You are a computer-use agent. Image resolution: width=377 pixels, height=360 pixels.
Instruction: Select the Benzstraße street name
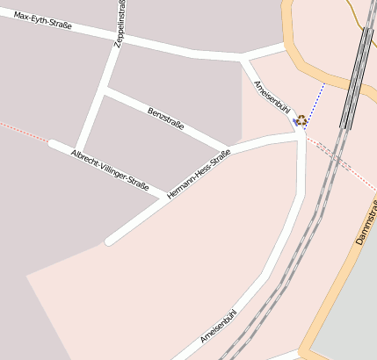(x=166, y=119)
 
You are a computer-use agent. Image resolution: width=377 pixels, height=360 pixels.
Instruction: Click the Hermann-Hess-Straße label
(x=198, y=172)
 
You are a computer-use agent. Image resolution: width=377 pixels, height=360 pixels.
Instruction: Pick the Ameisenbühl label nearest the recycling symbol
(x=271, y=97)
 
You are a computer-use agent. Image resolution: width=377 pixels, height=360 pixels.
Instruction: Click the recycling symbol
(x=301, y=120)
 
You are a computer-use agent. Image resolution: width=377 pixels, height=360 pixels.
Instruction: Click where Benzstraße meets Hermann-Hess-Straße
(x=229, y=148)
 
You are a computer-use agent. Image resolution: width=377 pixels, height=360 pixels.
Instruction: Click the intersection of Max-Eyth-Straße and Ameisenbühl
(x=243, y=57)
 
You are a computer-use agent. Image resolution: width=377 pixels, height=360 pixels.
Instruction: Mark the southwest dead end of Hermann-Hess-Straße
(x=109, y=241)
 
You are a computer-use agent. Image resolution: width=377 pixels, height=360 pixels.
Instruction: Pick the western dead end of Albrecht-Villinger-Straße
(x=53, y=142)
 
